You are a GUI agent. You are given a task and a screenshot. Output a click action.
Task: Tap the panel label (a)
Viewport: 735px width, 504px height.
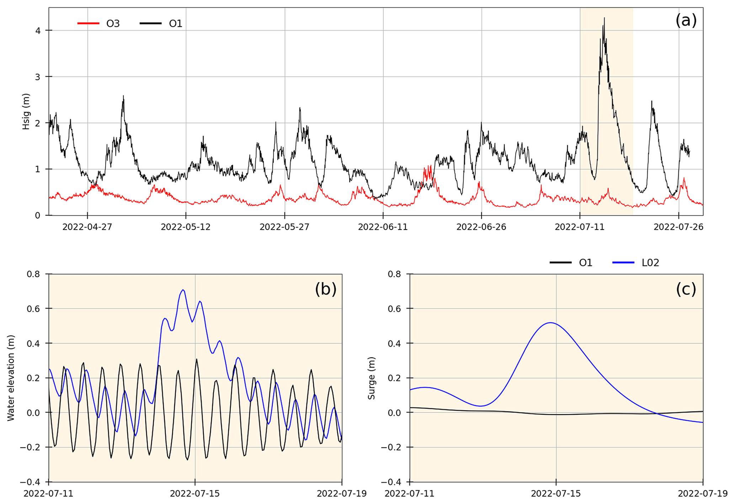pyautogui.click(x=686, y=20)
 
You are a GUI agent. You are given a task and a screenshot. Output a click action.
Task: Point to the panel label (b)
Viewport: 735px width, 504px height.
pyautogui.click(x=325, y=289)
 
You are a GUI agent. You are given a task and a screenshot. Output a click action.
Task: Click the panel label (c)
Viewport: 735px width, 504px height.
pyautogui.click(x=686, y=289)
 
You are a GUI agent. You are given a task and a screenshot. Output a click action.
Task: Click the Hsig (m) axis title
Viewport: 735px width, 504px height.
pyautogui.click(x=26, y=111)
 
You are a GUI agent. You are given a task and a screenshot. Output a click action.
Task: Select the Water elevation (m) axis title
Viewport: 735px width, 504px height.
pyautogui.click(x=11, y=378)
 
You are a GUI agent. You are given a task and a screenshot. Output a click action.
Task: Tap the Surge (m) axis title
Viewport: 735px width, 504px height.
pyautogui.click(x=372, y=378)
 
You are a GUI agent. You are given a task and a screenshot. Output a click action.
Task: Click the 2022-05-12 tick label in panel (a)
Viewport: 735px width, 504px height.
pyautogui.click(x=186, y=227)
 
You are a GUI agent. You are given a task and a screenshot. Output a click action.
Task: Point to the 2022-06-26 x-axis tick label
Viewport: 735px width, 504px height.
pyautogui.click(x=481, y=227)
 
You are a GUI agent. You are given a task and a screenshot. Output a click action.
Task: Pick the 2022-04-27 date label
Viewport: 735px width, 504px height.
pyautogui.click(x=87, y=227)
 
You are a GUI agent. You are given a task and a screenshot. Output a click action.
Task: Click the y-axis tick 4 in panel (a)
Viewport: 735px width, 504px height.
pyautogui.click(x=37, y=30)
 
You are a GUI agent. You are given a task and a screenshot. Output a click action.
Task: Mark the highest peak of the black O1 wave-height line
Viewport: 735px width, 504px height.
pyautogui.click(x=604, y=18)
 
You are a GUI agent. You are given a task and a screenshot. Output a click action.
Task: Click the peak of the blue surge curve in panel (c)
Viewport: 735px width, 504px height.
pyautogui.click(x=550, y=322)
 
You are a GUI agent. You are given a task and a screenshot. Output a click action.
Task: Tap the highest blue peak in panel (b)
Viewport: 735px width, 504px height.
pyautogui.click(x=183, y=290)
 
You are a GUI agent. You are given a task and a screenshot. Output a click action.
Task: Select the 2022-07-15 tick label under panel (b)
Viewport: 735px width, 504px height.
pyautogui.click(x=195, y=494)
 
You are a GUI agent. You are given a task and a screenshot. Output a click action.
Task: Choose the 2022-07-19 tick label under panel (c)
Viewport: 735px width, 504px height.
pyautogui.click(x=702, y=494)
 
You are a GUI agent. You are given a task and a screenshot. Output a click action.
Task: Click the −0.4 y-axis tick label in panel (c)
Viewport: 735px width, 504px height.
pyautogui.click(x=392, y=482)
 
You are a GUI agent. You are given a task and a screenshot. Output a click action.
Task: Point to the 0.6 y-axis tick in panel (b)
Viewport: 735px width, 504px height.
pyautogui.click(x=35, y=309)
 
